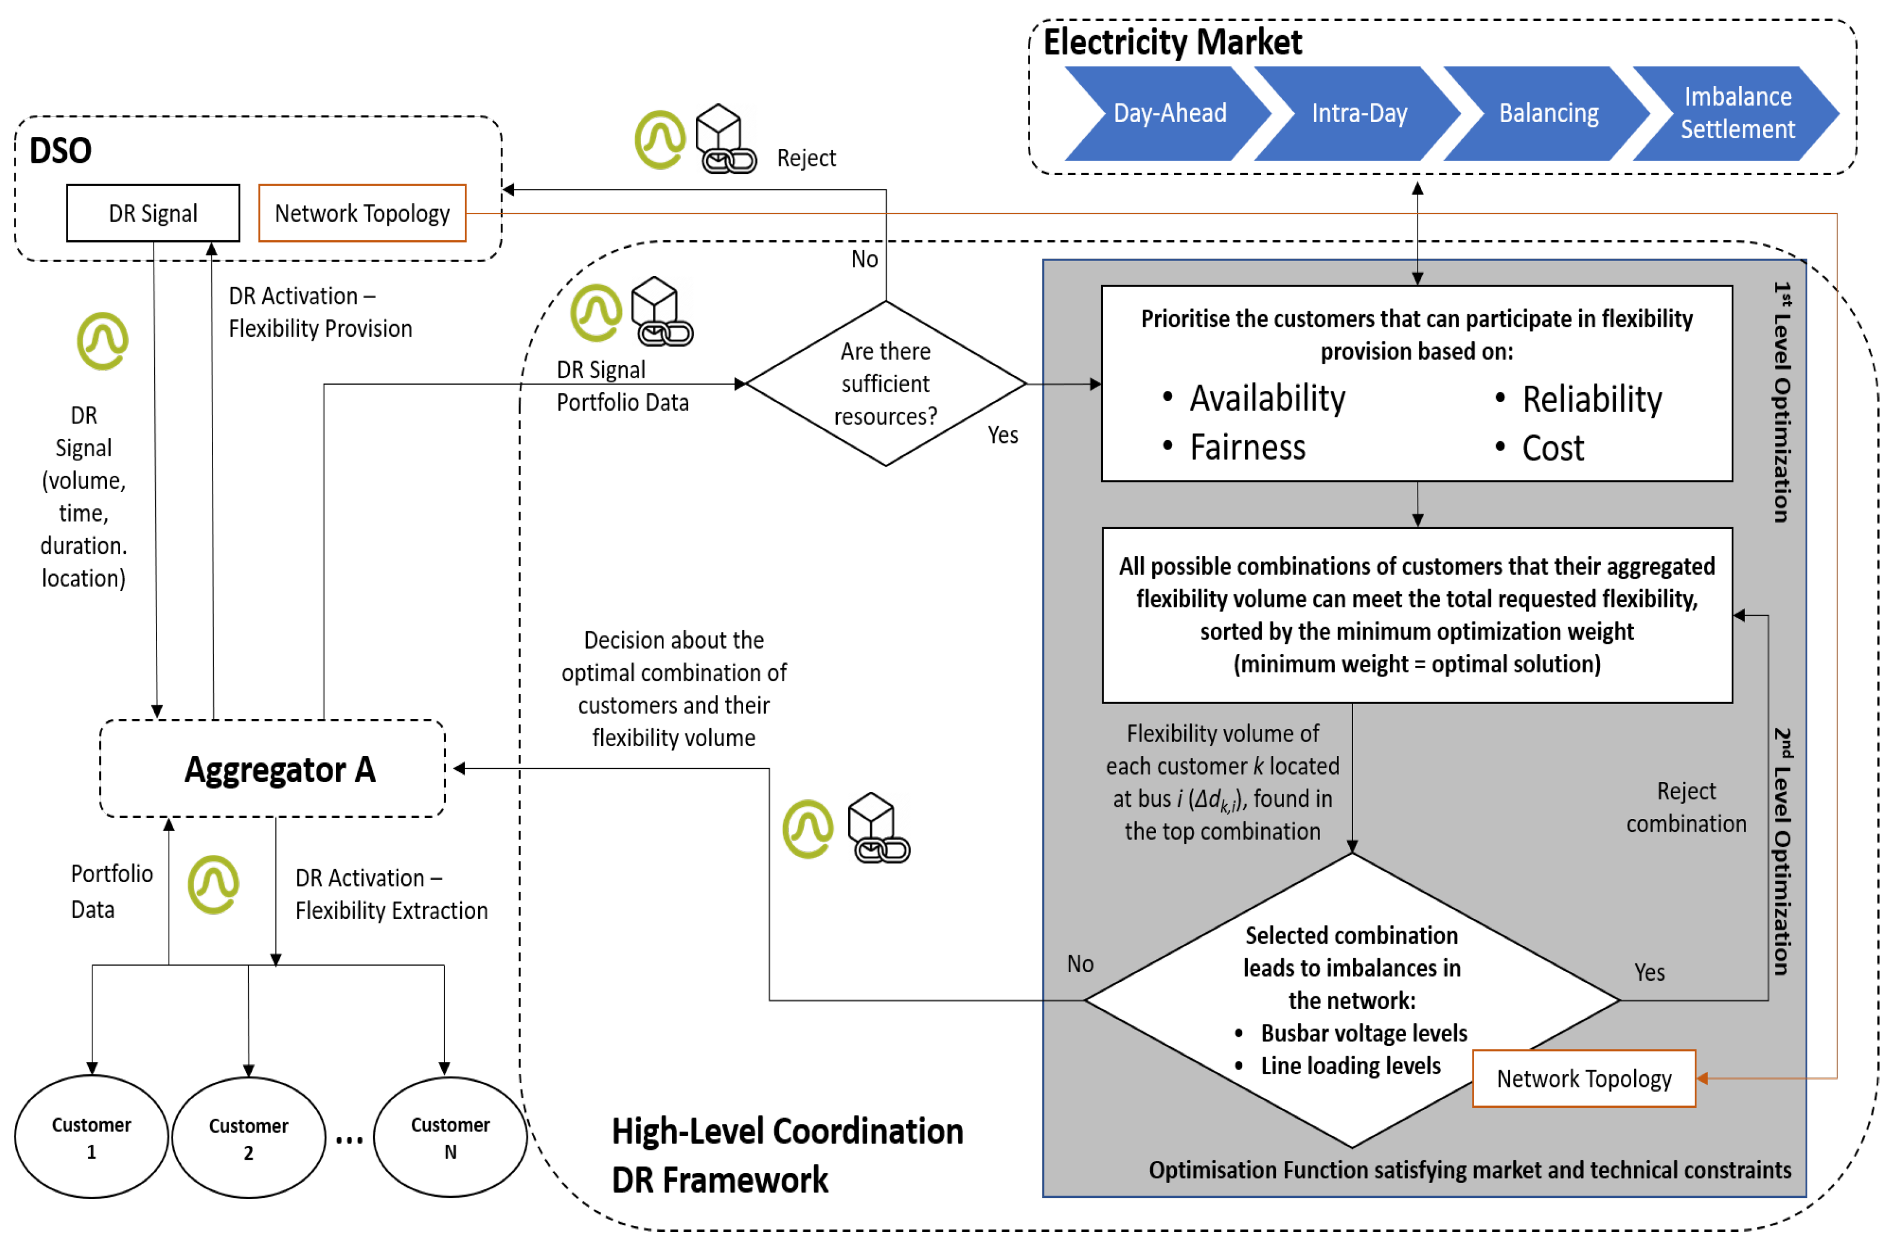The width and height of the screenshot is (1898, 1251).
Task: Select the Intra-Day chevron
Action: pos(1359,113)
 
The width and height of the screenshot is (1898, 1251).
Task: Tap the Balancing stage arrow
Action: pos(1548,113)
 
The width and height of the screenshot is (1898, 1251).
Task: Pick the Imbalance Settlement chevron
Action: pos(1737,113)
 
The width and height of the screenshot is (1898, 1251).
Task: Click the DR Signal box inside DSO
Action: pos(153,213)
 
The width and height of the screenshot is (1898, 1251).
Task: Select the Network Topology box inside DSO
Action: pos(362,213)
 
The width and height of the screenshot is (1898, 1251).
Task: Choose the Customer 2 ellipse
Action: pos(249,1138)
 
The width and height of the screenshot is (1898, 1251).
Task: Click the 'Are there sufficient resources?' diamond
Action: pos(885,384)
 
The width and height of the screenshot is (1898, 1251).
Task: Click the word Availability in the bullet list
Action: pos(1267,398)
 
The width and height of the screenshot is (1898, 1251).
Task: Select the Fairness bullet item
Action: pos(1247,448)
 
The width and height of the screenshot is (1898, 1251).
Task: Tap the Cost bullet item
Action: pos(1552,448)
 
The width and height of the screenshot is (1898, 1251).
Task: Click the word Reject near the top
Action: pos(806,158)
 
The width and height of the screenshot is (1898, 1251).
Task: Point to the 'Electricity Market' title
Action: pos(1172,42)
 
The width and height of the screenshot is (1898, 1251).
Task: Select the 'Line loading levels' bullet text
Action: pos(1350,1066)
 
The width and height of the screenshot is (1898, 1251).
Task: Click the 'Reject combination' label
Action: pos(1686,807)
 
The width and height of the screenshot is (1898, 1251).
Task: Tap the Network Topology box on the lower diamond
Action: pos(1584,1079)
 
